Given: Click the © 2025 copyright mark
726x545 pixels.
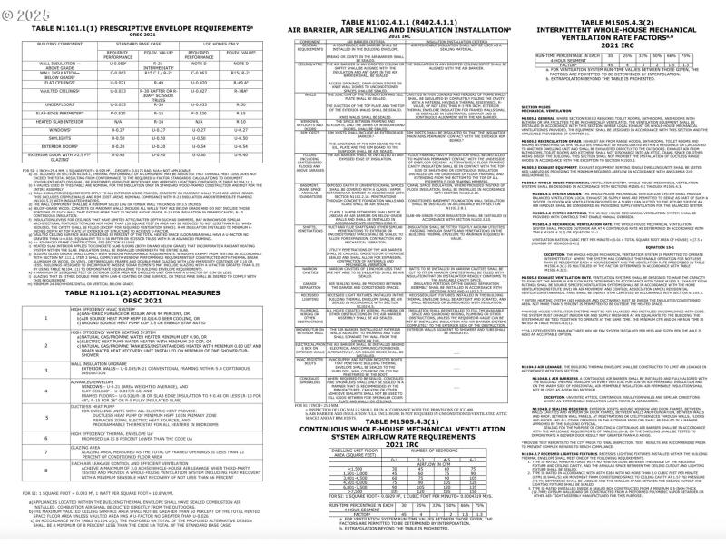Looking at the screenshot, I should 25,15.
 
